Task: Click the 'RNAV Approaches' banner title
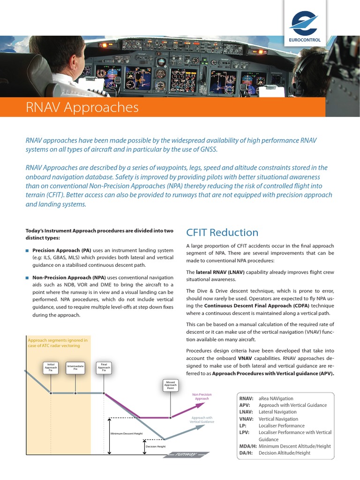[x=82, y=107]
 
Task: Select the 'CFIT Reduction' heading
[x=222, y=232]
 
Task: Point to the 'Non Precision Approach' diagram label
[x=202, y=397]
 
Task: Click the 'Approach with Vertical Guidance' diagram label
[x=202, y=420]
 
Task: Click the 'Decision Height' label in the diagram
[x=156, y=447]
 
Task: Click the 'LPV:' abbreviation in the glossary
[x=244, y=432]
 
